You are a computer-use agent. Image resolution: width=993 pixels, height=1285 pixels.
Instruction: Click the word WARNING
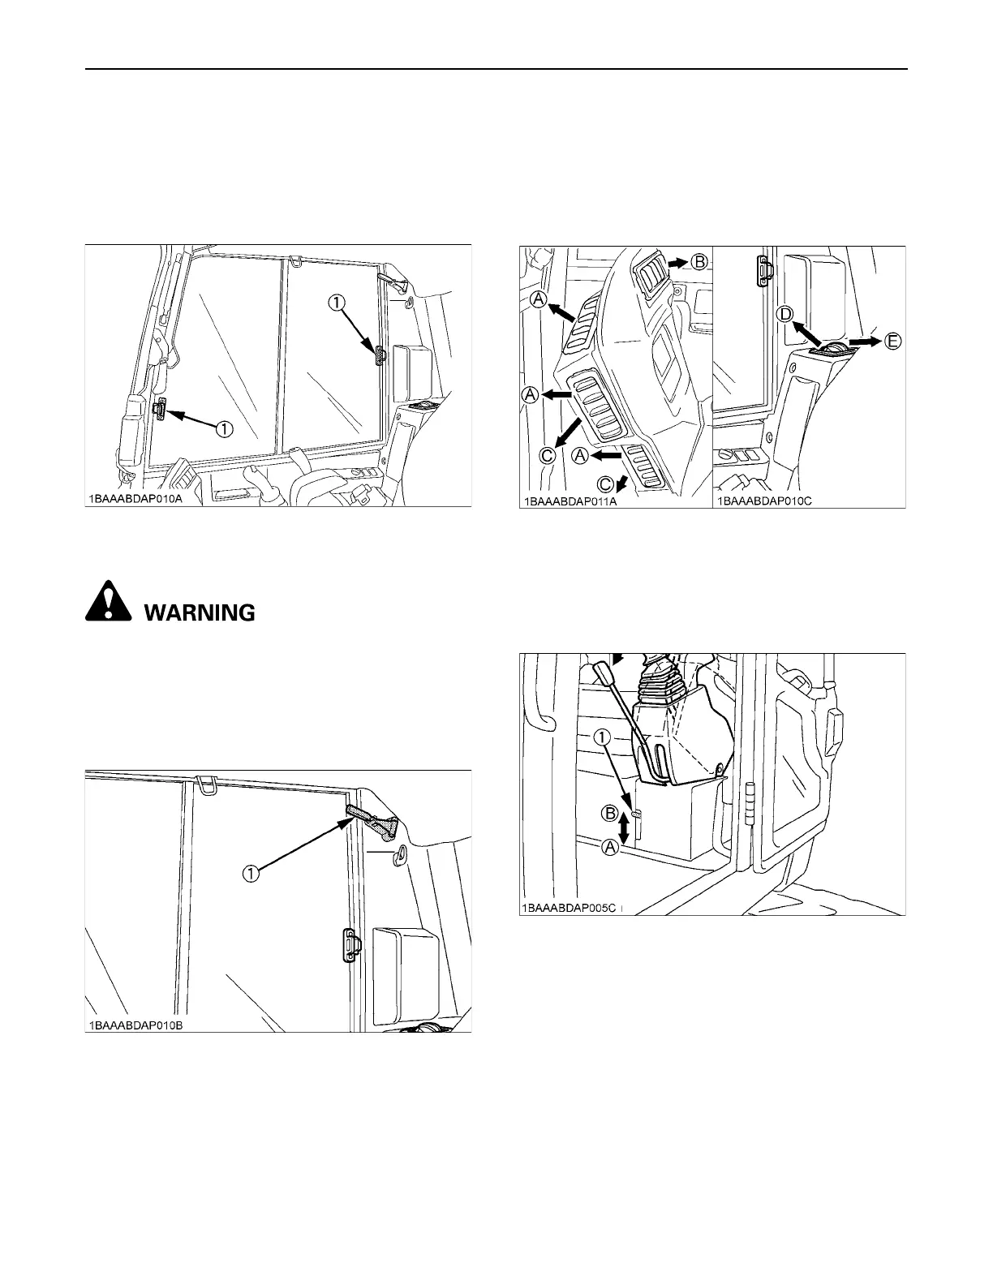(x=200, y=612)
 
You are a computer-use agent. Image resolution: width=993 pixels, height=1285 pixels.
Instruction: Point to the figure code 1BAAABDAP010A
(x=135, y=499)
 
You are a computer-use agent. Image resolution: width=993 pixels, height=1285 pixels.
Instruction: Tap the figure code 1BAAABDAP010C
(x=763, y=501)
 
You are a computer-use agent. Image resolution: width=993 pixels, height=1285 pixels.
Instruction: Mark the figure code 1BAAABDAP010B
(x=135, y=1024)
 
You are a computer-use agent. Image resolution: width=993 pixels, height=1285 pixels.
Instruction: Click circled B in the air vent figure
(x=700, y=262)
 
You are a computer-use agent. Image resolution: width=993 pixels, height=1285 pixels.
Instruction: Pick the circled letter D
(x=785, y=314)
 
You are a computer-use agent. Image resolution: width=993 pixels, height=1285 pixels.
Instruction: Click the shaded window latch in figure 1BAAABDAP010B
(x=372, y=821)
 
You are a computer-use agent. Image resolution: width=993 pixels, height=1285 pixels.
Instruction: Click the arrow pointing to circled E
(x=864, y=342)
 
